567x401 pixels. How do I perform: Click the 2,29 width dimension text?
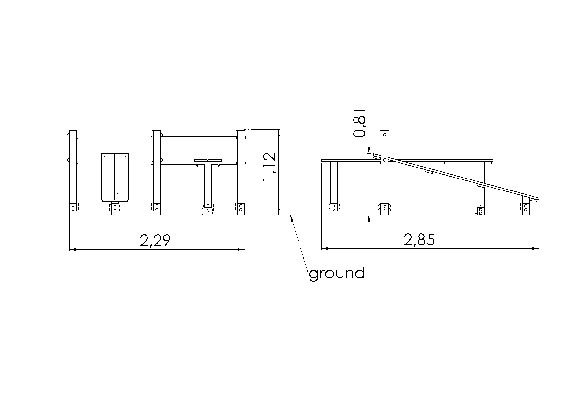(x=155, y=241)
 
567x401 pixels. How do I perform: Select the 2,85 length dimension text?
(x=419, y=240)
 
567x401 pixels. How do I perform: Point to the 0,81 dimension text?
(x=359, y=123)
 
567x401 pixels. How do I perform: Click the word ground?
(x=337, y=274)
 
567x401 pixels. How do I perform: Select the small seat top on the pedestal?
(x=208, y=161)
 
